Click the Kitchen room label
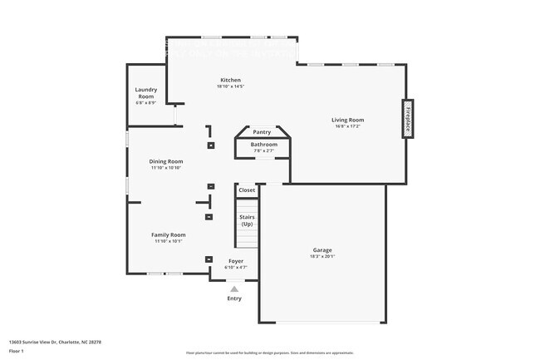230,80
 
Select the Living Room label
349,120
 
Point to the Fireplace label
408,119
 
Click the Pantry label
262,131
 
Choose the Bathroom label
264,144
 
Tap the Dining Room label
166,161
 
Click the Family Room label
168,234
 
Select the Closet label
247,190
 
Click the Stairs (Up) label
247,220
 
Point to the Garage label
322,250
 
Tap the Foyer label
236,261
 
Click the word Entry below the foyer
234,298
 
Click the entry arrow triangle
234,288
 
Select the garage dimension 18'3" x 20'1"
322,257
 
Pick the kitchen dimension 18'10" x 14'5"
230,86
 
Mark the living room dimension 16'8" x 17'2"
349,126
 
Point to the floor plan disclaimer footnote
269,353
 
